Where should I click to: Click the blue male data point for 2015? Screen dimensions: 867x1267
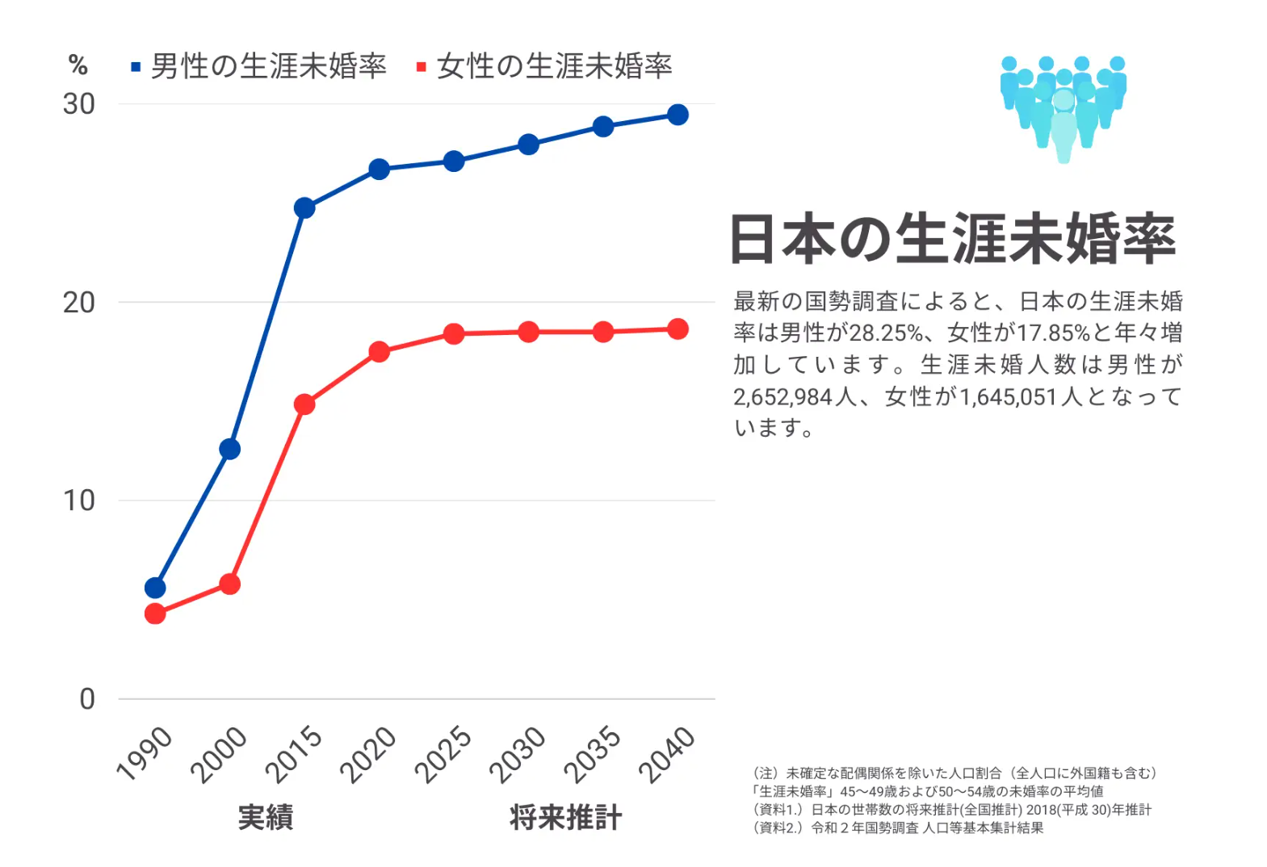(x=304, y=208)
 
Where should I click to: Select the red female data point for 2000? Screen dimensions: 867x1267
(x=229, y=584)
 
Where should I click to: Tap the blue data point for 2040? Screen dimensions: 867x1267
(x=678, y=115)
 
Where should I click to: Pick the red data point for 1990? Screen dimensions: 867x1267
(x=155, y=614)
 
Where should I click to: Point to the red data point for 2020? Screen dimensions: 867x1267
(x=380, y=352)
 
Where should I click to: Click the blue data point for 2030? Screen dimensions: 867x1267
(x=528, y=144)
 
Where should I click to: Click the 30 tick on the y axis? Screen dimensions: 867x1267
(x=79, y=104)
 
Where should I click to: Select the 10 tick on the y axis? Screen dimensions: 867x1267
(x=79, y=501)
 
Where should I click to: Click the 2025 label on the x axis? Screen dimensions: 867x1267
(x=443, y=754)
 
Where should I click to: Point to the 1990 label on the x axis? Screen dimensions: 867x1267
(x=145, y=754)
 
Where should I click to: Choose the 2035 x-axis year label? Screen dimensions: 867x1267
(x=592, y=754)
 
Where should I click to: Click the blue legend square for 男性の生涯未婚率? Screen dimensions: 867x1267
(x=136, y=67)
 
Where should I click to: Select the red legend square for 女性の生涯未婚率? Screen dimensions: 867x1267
(x=421, y=67)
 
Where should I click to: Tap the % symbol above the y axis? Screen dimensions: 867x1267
(x=78, y=65)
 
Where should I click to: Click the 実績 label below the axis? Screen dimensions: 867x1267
(x=266, y=817)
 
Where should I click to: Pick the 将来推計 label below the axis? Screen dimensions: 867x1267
(x=565, y=817)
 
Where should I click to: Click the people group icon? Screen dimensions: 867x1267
(x=1063, y=107)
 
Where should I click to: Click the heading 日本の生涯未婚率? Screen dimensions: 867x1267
(x=953, y=239)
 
